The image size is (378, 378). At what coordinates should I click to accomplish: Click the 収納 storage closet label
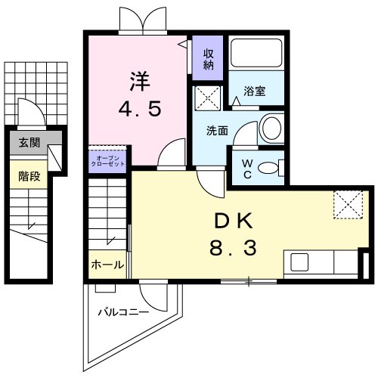coord(209,58)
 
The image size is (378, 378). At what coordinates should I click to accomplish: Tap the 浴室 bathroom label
coord(254,91)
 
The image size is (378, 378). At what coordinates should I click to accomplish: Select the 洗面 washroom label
coord(218,129)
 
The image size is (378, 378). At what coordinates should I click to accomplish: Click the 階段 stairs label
coord(29,177)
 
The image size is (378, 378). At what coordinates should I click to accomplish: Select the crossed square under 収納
coord(206,98)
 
